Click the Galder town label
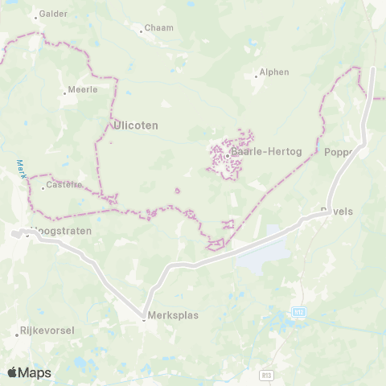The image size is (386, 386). pyautogui.click(x=54, y=14)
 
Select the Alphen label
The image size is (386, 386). pyautogui.click(x=274, y=72)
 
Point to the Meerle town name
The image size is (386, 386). pyautogui.click(x=84, y=89)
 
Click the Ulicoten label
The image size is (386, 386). pyautogui.click(x=136, y=125)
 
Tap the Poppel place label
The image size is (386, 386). pyautogui.click(x=339, y=152)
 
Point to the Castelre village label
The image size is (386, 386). pyautogui.click(x=65, y=186)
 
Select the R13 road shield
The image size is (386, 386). pyautogui.click(x=266, y=375)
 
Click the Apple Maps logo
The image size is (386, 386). pyautogui.click(x=29, y=372)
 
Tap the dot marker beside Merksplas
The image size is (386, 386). pyautogui.click(x=144, y=316)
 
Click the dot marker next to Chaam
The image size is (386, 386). pyautogui.click(x=142, y=31)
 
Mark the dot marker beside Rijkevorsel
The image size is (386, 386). pyautogui.click(x=16, y=331)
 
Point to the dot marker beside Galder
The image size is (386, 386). pyautogui.click(x=35, y=15)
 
